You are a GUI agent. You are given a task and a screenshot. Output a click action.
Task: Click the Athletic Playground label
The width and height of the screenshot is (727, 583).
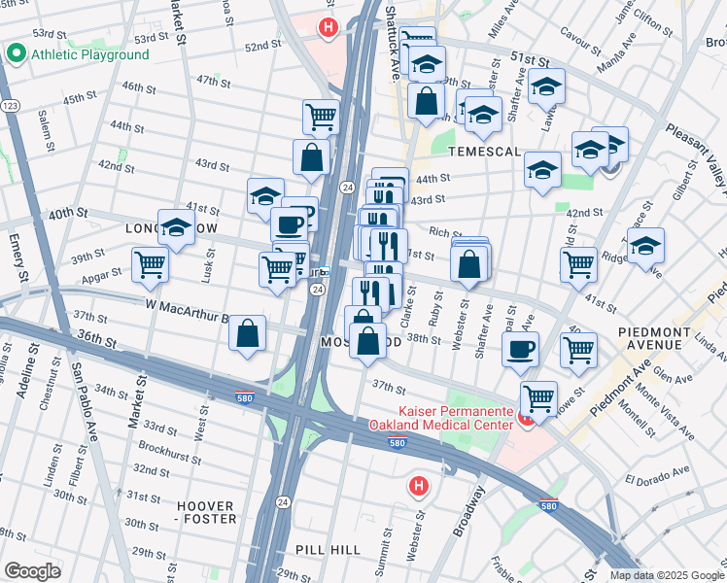tap(89, 54)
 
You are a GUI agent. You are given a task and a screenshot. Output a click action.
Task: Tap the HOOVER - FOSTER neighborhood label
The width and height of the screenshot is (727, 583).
tap(205, 512)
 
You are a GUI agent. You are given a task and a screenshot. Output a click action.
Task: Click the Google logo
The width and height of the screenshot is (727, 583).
tap(32, 571)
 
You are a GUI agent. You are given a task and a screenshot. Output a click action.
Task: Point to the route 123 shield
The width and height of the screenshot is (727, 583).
tap(10, 104)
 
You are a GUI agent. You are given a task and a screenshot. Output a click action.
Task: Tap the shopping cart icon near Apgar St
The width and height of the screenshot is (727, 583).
tap(150, 265)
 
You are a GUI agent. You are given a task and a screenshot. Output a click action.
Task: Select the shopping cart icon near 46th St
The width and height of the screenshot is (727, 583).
tap(320, 117)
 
